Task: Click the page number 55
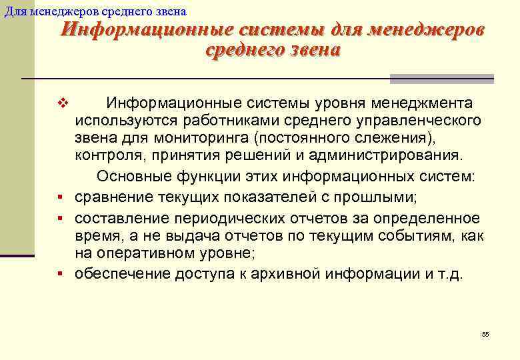click(485, 334)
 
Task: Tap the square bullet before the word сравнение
click(60, 198)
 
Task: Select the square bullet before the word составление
click(60, 219)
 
